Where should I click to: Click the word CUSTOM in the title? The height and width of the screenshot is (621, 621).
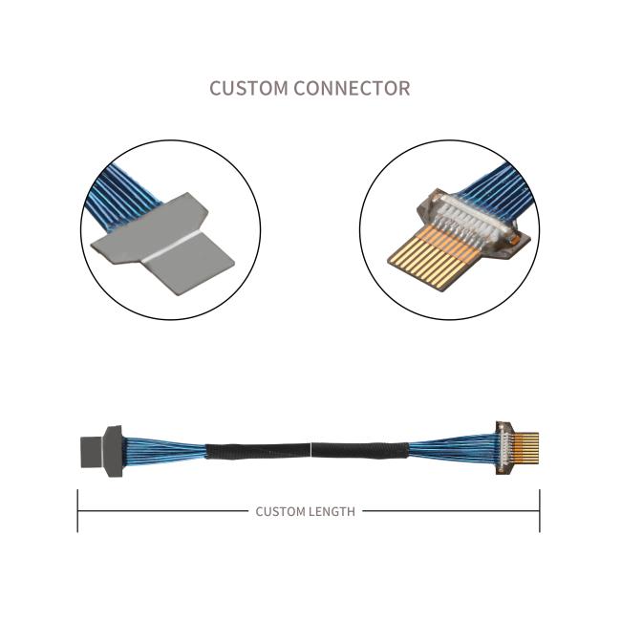click(x=248, y=88)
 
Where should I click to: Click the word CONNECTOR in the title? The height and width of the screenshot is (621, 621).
click(x=352, y=88)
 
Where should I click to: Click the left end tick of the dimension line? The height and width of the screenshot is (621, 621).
click(x=77, y=511)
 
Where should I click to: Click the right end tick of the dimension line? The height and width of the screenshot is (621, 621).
click(x=540, y=511)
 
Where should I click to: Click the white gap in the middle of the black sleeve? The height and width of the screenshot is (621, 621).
click(x=312, y=450)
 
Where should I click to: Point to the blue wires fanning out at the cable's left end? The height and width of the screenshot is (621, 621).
click(x=164, y=452)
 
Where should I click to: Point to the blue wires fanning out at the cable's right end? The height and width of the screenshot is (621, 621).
click(x=453, y=450)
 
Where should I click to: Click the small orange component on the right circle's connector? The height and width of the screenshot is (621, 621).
click(x=514, y=240)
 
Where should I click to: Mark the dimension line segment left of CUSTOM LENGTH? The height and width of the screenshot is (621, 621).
click(x=163, y=511)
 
